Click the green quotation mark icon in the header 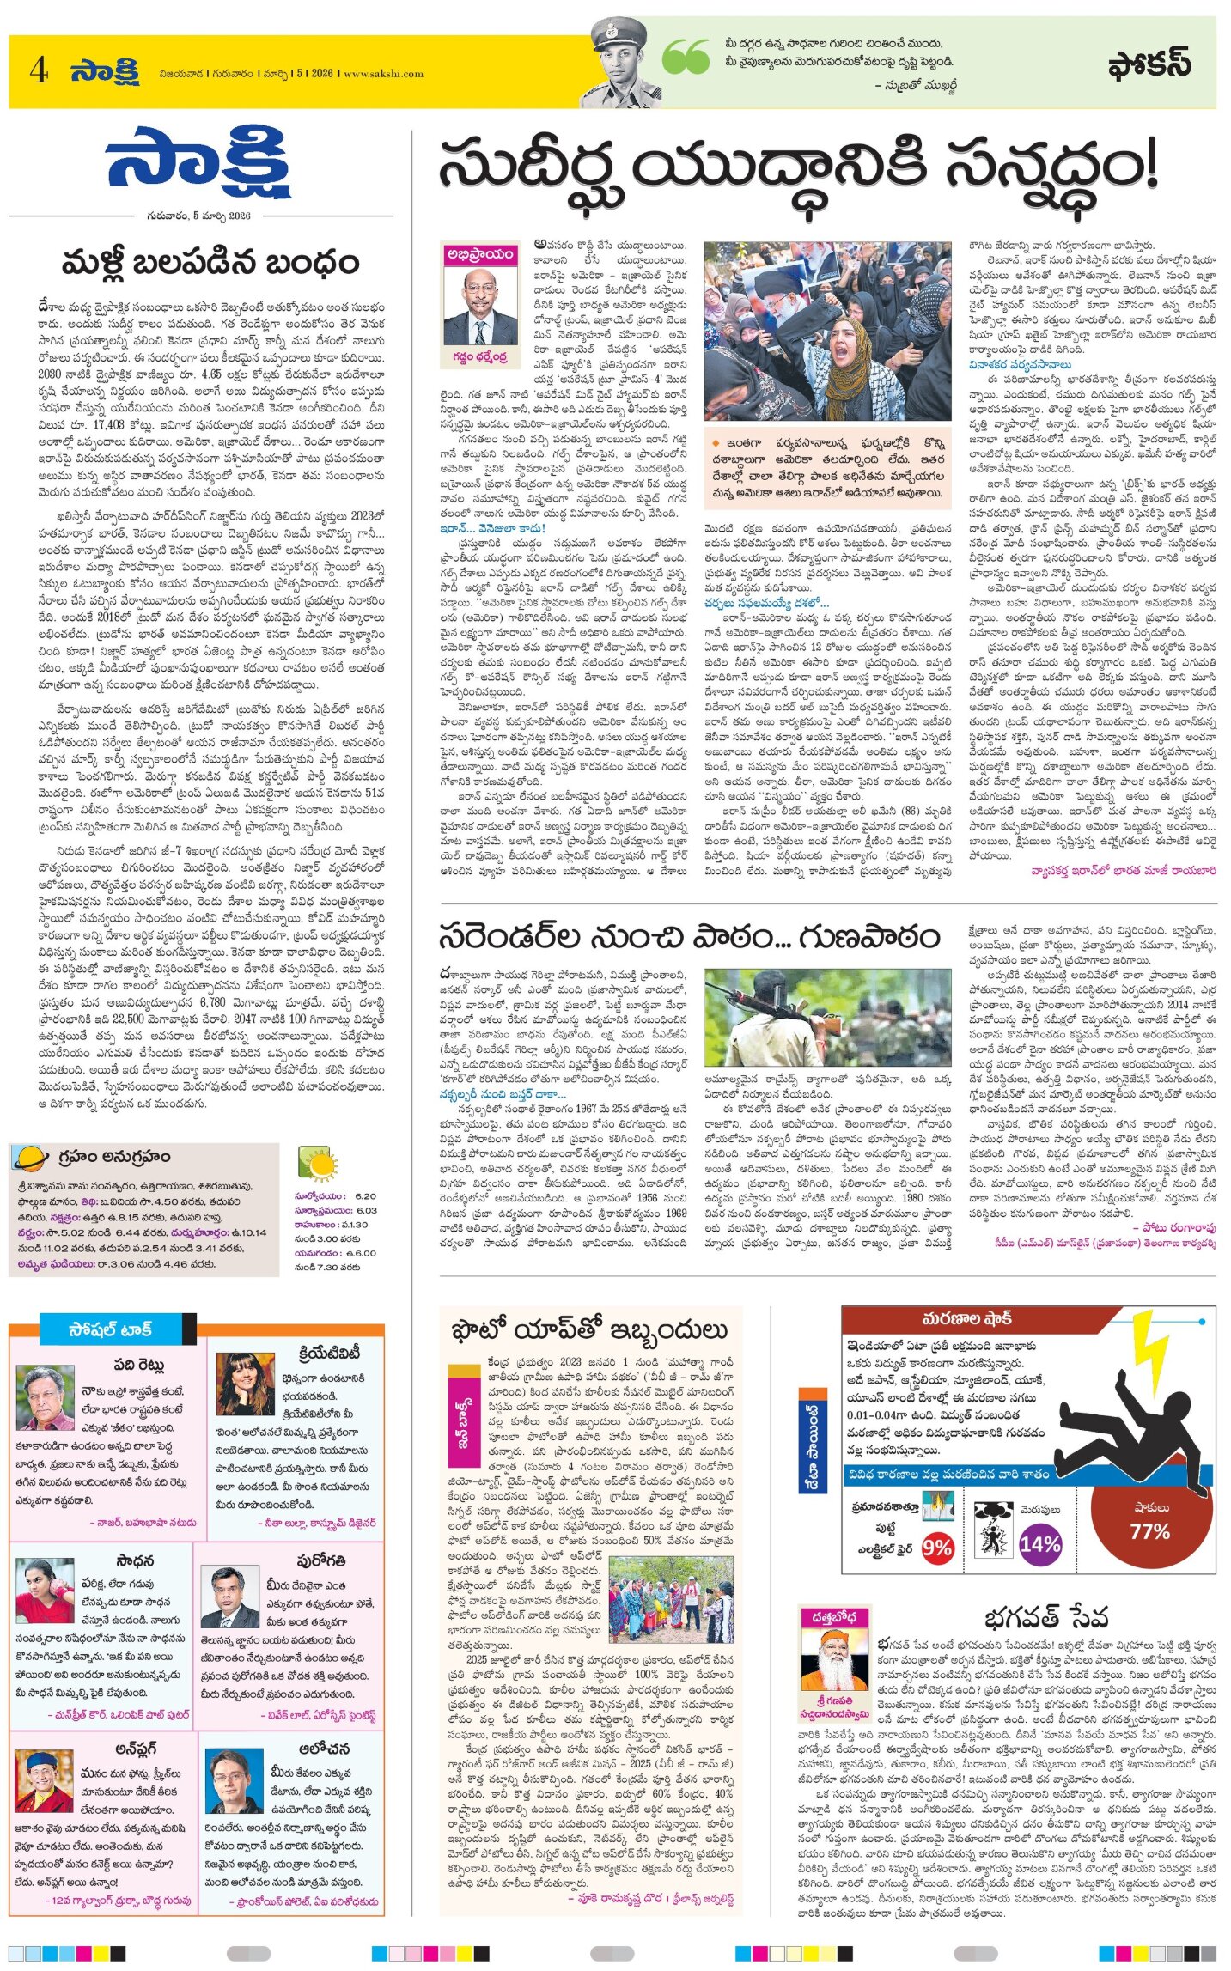686,57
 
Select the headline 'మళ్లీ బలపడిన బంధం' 210,263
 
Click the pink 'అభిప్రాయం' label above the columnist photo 479,253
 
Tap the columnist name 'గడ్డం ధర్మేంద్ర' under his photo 479,356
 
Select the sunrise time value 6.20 365,1195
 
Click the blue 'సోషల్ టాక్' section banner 110,1329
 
